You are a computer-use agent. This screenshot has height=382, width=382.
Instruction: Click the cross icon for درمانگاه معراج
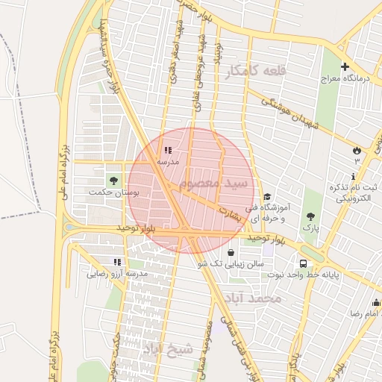point(345,66)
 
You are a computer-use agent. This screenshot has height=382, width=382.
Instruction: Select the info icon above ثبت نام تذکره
point(353,175)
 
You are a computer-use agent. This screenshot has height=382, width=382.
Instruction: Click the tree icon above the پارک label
point(310,216)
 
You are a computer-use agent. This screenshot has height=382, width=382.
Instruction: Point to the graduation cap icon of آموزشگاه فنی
point(267,197)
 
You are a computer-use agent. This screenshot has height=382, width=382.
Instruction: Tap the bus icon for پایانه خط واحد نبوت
point(303,263)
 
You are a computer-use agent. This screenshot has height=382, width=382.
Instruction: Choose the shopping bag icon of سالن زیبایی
point(230,252)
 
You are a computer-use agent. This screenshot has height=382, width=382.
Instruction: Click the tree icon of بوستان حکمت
point(113,180)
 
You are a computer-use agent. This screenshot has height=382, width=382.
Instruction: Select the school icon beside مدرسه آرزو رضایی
point(116,262)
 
